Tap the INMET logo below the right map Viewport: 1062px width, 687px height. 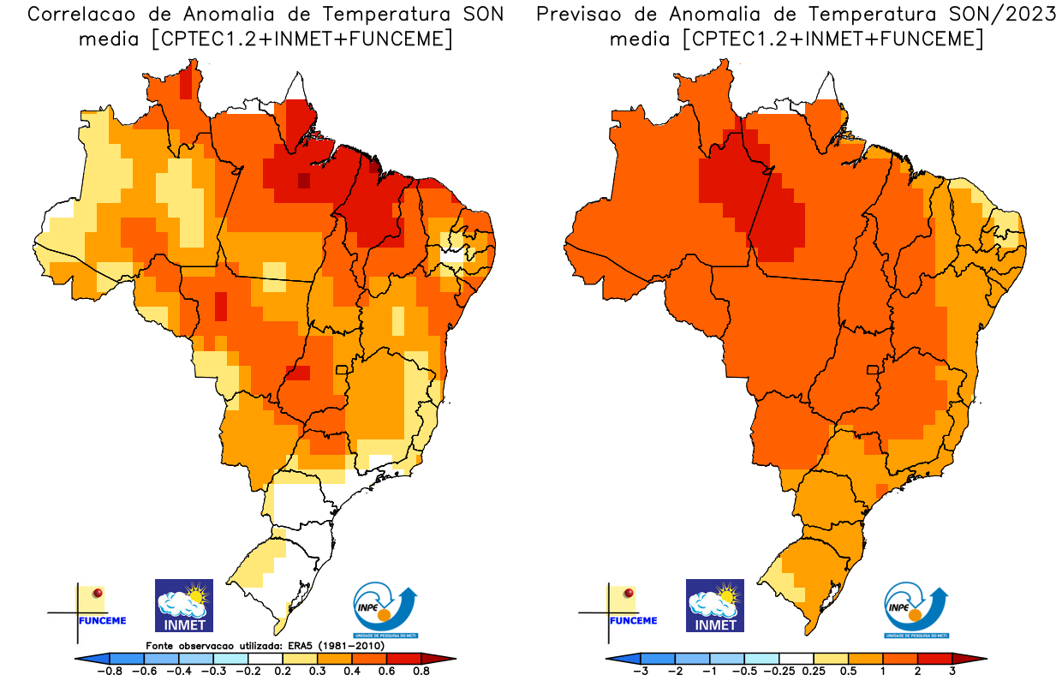coord(715,606)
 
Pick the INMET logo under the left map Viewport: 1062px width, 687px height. coord(183,606)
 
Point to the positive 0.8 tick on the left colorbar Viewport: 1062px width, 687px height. coord(420,671)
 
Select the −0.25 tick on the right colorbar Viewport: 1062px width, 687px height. coord(779,671)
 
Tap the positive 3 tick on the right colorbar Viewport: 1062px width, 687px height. coord(952,671)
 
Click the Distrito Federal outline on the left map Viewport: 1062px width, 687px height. coord(342,370)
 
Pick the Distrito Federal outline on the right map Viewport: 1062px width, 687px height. coord(873,370)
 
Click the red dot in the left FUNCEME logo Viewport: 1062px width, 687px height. coord(98,593)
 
